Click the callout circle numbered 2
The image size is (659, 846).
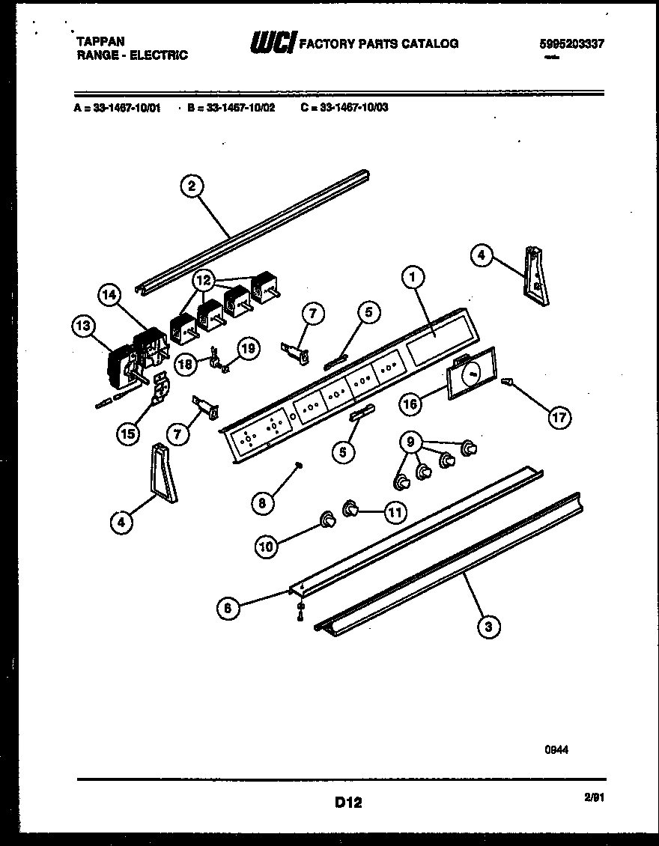pos(192,186)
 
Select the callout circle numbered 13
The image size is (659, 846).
pos(85,326)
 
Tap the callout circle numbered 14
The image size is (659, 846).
pos(111,296)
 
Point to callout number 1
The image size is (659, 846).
pos(412,277)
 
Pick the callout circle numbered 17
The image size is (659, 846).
pos(559,417)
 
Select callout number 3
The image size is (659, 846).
pos(488,627)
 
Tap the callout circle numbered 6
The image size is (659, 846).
pos(230,609)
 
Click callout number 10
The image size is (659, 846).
pos(267,547)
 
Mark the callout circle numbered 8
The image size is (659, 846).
pos(261,503)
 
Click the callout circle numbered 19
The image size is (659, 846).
pos(249,347)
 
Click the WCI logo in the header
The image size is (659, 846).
pos(273,43)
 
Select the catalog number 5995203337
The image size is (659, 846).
pos(571,43)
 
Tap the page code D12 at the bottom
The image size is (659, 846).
pos(348,803)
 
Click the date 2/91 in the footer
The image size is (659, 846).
pos(594,798)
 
